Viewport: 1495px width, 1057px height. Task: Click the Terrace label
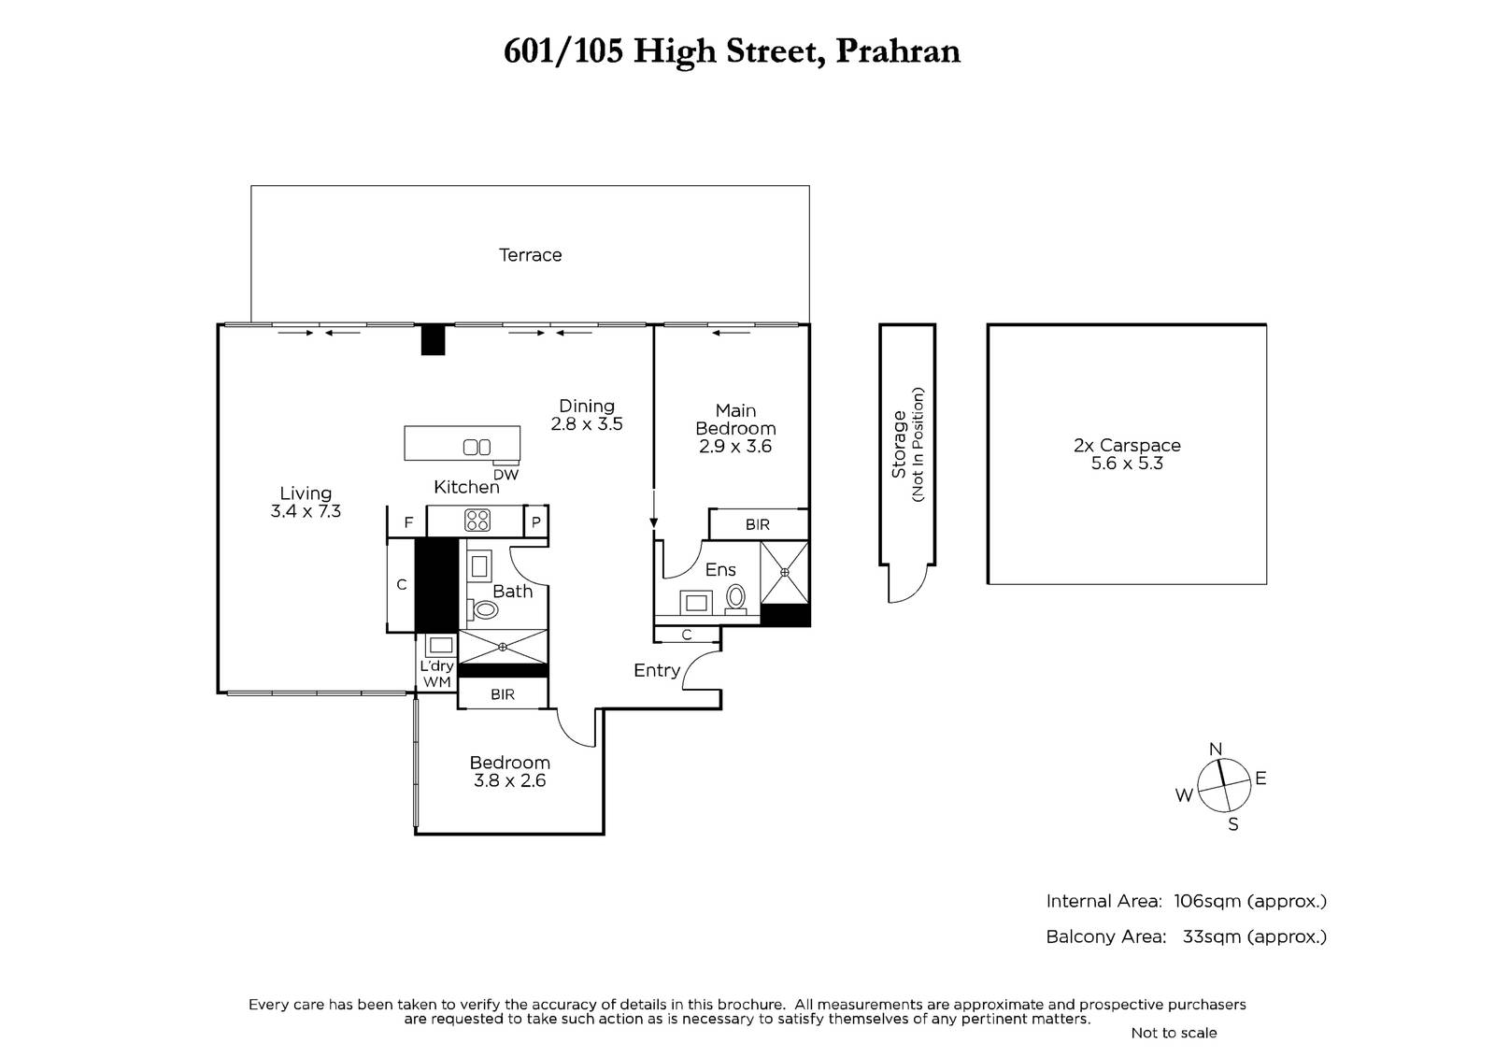[x=530, y=255]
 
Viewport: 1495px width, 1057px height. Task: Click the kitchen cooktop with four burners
[x=477, y=521]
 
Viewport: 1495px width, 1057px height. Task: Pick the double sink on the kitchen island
[x=477, y=447]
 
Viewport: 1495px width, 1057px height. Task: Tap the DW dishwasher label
[x=505, y=475]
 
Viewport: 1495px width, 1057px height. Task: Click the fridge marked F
[x=407, y=521]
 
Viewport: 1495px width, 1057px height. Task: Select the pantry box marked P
[x=536, y=521]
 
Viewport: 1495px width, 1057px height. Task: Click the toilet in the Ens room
[x=735, y=597]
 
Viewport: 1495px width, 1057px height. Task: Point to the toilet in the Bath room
[x=485, y=609]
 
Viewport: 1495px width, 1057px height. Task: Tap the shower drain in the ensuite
[x=785, y=572]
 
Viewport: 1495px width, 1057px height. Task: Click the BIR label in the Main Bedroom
[x=758, y=525]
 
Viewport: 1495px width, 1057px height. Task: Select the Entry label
[x=657, y=670]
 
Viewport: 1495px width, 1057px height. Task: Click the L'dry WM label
[x=437, y=674]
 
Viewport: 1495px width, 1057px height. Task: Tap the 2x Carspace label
[x=1127, y=446]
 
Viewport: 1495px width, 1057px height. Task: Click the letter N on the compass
[x=1216, y=750]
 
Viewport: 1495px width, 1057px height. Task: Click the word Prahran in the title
[x=898, y=50]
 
